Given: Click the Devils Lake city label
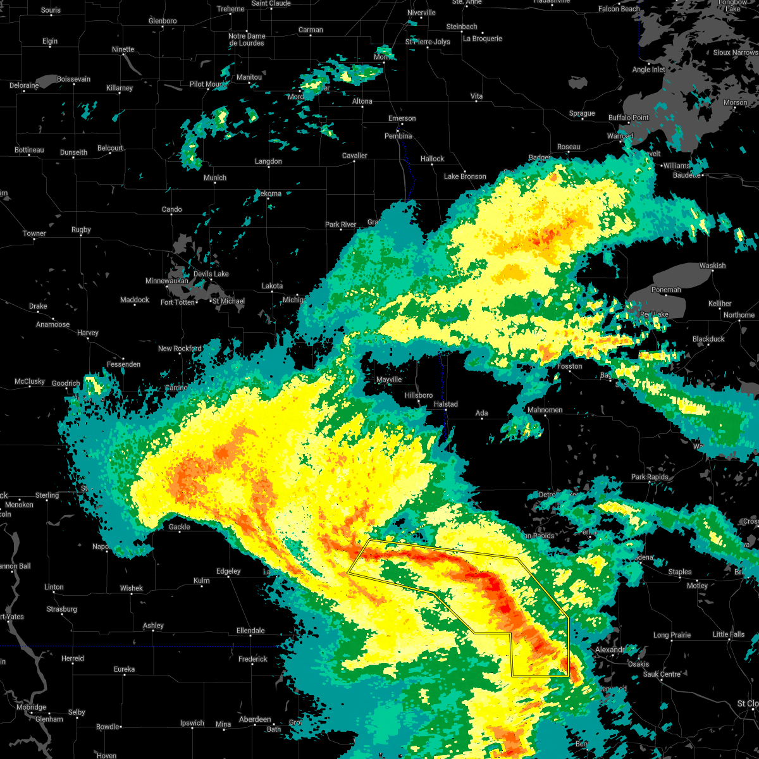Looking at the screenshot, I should [211, 274].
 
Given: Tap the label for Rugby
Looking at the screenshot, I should [81, 230].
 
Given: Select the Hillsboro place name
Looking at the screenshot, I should [419, 395].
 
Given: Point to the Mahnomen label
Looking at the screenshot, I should [545, 410].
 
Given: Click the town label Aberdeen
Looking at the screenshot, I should [255, 719].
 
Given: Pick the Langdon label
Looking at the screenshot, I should [268, 161].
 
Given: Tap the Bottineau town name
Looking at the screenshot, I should [29, 150].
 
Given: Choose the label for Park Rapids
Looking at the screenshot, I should [650, 477].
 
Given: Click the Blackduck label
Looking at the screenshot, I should [708, 339].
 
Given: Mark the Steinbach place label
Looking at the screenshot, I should [462, 27].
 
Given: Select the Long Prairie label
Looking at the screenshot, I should [672, 635].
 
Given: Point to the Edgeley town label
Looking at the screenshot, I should [228, 571].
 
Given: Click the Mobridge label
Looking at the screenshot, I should [31, 707].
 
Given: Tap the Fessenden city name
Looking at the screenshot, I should [123, 364].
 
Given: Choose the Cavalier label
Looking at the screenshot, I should [354, 156].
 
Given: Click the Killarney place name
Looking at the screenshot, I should [120, 88].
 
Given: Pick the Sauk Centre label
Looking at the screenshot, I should [662, 674].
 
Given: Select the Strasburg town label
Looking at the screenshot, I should [61, 609].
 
